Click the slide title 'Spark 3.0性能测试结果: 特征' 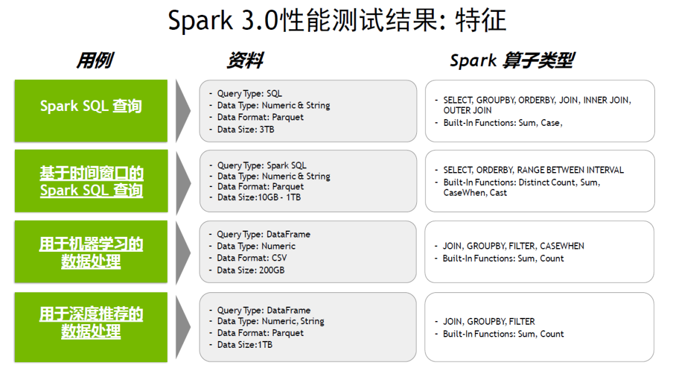point(336,21)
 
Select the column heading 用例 point(94,60)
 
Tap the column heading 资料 point(244,60)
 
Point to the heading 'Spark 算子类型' point(511,60)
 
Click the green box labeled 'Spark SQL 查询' point(91,106)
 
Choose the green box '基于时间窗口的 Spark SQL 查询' point(91,181)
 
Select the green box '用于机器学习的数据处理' point(91,252)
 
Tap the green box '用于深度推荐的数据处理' point(91,323)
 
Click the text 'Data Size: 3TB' point(246,130)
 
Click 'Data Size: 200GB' point(251,270)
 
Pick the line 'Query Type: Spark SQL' point(262,165)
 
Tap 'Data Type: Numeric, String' point(270,321)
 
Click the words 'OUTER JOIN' point(467,110)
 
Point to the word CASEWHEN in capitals point(562,246)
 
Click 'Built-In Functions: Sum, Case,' point(502,123)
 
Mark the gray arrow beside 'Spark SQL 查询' point(183,111)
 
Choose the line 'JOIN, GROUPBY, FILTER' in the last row point(489,322)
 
